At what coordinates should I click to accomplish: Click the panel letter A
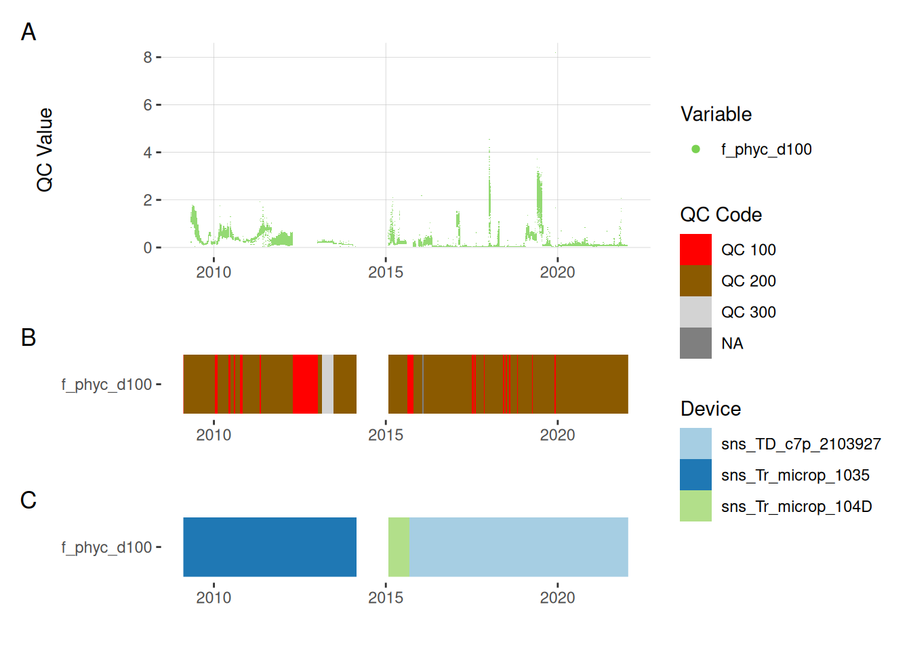(x=28, y=32)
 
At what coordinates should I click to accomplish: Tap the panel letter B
(x=28, y=337)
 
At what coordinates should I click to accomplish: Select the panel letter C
(x=28, y=500)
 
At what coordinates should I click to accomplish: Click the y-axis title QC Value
(x=45, y=150)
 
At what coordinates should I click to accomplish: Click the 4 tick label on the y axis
(x=148, y=153)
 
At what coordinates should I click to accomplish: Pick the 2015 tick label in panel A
(x=386, y=272)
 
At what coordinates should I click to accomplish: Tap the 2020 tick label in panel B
(x=557, y=435)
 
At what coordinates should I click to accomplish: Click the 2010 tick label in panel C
(x=214, y=597)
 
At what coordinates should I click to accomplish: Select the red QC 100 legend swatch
(x=695, y=250)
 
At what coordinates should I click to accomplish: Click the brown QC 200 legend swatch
(x=695, y=281)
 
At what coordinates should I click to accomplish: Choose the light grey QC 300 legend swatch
(x=695, y=312)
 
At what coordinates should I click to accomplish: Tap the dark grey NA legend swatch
(x=695, y=343)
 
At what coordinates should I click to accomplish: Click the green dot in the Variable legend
(x=695, y=149)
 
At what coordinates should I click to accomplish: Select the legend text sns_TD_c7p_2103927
(x=801, y=444)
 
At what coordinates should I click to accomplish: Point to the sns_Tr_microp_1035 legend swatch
(x=695, y=475)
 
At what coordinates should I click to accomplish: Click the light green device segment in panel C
(x=399, y=547)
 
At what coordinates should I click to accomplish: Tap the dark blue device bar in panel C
(x=270, y=547)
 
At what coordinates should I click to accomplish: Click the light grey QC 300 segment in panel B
(x=327, y=384)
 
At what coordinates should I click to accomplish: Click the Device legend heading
(x=710, y=409)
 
